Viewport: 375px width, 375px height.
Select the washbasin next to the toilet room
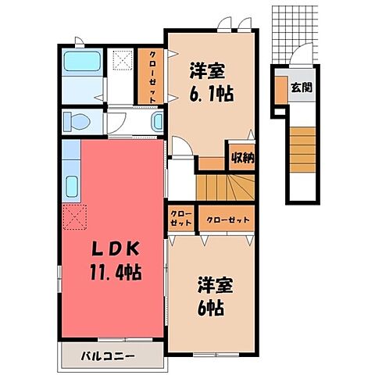point(156,121)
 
